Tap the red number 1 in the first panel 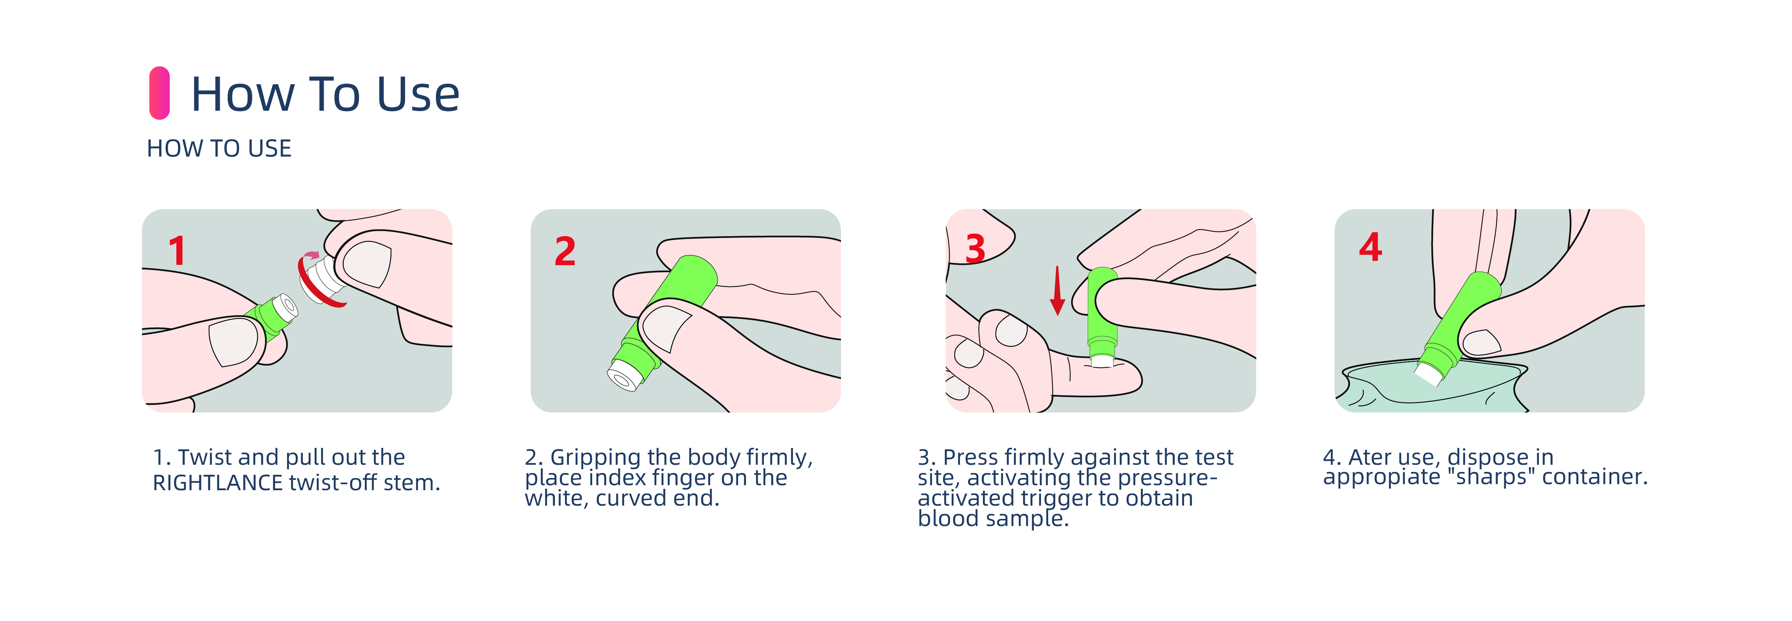tap(177, 250)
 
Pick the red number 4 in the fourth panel tap(1370, 247)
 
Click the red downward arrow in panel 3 tap(1057, 291)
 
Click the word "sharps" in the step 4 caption tap(1491, 477)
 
